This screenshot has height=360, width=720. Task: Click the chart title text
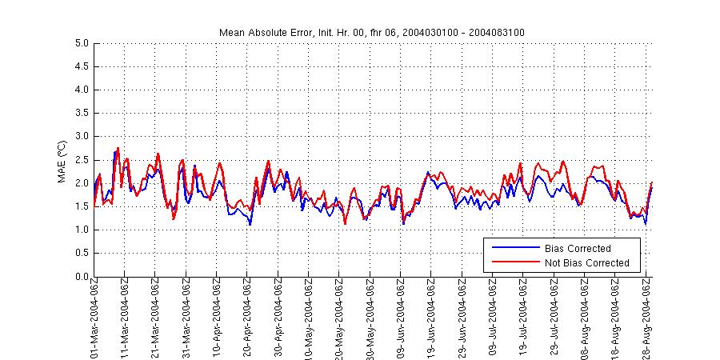coord(371,32)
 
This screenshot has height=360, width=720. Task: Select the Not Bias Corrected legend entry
coord(586,263)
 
